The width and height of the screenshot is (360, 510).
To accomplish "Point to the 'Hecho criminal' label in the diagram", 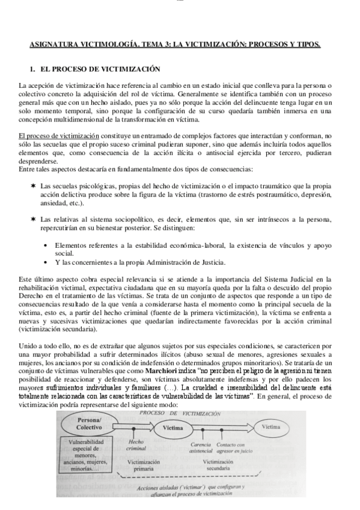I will (x=136, y=445).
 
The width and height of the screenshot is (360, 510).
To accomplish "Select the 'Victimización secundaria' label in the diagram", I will (x=217, y=465).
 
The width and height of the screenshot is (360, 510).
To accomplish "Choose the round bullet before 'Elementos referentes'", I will (x=47, y=245).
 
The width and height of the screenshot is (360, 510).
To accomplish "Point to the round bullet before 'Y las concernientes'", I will (x=47, y=262).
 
